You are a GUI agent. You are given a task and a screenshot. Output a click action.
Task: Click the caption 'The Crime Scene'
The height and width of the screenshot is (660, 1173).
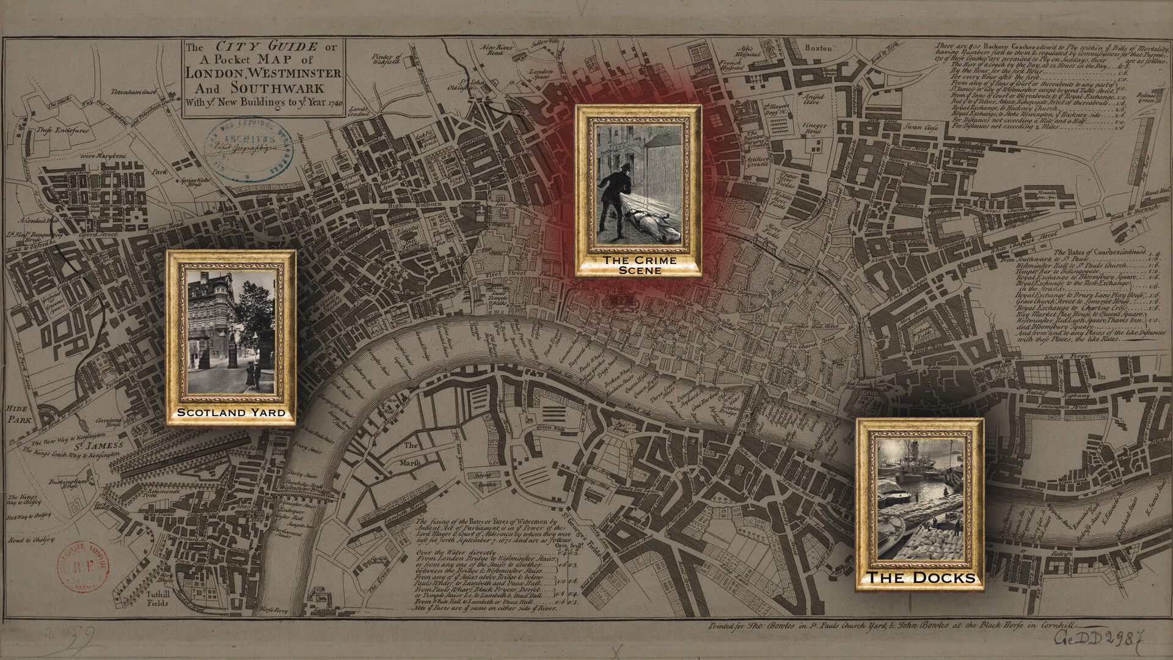[640, 265]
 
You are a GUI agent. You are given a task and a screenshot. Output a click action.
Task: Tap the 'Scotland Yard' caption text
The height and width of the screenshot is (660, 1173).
[231, 413]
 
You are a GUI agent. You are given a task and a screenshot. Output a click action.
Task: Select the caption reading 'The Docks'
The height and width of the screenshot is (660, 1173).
[921, 577]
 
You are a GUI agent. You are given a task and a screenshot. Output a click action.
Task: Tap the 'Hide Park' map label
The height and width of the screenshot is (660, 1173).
[19, 414]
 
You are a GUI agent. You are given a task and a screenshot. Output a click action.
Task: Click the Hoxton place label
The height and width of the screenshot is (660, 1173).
[818, 48]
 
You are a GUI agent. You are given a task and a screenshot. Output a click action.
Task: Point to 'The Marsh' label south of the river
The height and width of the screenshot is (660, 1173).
[411, 454]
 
